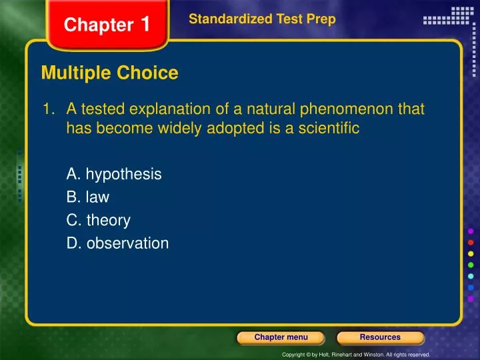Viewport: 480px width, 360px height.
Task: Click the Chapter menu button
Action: pyautogui.click(x=281, y=337)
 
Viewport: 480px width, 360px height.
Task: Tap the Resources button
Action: pyautogui.click(x=380, y=337)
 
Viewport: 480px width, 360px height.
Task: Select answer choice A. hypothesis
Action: pyautogui.click(x=114, y=175)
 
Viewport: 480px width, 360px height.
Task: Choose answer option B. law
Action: pyautogui.click(x=88, y=197)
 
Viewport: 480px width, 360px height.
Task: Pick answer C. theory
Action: pyautogui.click(x=98, y=220)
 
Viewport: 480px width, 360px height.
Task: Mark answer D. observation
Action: pyautogui.click(x=117, y=243)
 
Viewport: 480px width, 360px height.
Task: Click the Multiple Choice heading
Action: pyautogui.click(x=109, y=73)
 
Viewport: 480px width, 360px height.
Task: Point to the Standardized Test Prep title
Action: pyautogui.click(x=262, y=20)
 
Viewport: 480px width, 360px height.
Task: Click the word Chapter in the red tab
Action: pyautogui.click(x=98, y=25)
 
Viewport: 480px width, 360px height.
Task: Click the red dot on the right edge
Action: pyautogui.click(x=471, y=242)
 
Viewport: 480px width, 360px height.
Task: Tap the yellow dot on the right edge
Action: pyautogui.click(x=471, y=254)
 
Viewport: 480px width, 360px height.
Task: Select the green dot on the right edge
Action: pyautogui.click(x=471, y=265)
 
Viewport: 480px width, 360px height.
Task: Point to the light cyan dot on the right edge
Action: pyautogui.click(x=471, y=277)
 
